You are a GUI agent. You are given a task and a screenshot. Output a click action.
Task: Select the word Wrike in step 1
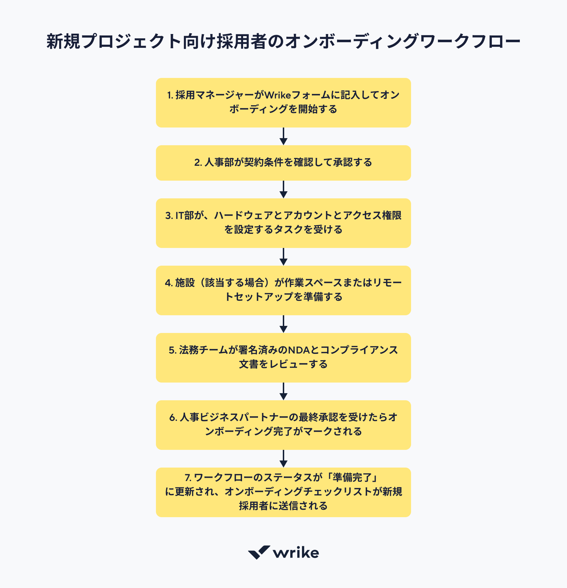click(278, 95)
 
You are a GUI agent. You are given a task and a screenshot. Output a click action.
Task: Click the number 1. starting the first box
click(170, 95)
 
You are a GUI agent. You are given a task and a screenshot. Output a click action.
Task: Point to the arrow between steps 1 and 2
click(283, 136)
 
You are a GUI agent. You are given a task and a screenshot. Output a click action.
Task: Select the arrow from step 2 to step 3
click(283, 190)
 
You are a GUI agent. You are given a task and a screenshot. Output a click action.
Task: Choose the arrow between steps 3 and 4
click(283, 257)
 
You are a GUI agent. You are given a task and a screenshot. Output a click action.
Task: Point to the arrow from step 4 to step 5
click(283, 324)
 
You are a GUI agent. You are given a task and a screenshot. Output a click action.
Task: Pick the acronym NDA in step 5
click(299, 350)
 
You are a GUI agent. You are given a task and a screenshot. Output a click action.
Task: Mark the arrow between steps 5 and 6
click(283, 391)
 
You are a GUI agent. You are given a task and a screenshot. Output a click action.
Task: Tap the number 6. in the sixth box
click(173, 417)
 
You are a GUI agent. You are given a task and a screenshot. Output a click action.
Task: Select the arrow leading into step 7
click(283, 459)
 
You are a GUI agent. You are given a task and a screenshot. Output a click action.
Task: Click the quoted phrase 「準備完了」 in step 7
click(352, 477)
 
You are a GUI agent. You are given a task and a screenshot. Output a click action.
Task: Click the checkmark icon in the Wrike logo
click(259, 552)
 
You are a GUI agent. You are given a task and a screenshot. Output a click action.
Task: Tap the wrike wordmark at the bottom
click(296, 553)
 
